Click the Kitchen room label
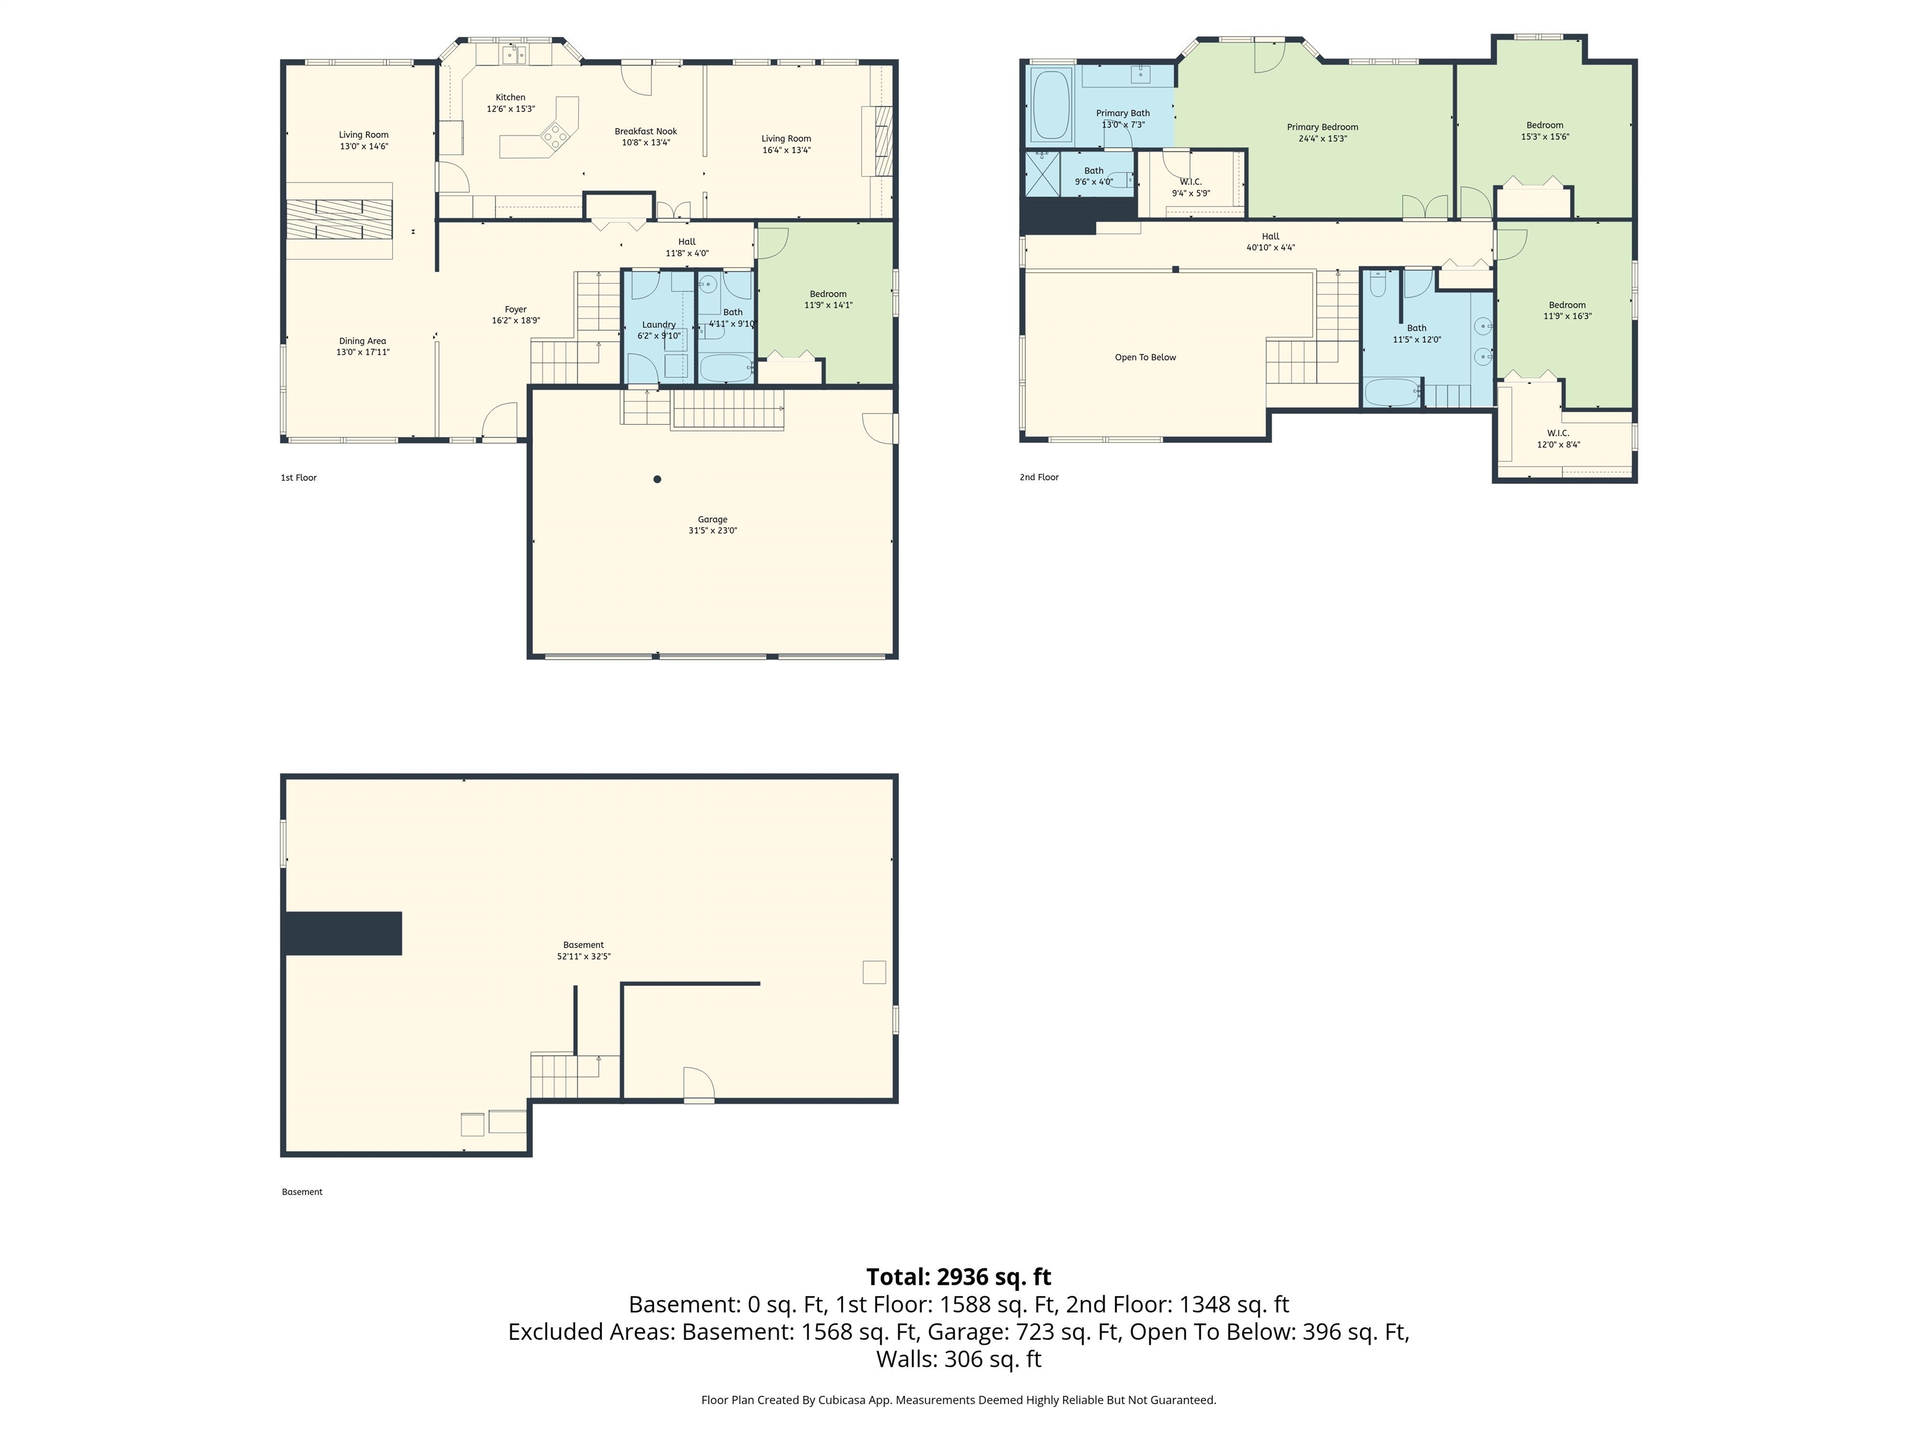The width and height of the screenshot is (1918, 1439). pos(510,97)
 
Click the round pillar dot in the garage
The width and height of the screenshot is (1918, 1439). pos(657,479)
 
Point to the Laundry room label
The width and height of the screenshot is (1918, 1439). pos(658,324)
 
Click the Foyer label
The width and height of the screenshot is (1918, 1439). pos(515,309)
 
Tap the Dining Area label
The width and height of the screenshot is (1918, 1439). pos(363,341)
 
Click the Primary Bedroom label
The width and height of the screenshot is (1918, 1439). pos(1322,127)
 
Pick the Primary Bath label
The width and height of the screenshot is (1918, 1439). pos(1122,113)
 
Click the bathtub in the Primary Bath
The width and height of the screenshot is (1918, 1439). pos(1051,106)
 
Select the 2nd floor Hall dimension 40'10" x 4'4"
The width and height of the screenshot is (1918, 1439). pos(1271,247)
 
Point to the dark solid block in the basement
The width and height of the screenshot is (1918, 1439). pos(343,932)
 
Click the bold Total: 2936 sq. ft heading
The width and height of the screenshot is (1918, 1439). pos(958,1277)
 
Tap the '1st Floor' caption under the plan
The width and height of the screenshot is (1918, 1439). pos(298,478)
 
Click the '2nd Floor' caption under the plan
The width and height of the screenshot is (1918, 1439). pos(1039,477)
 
